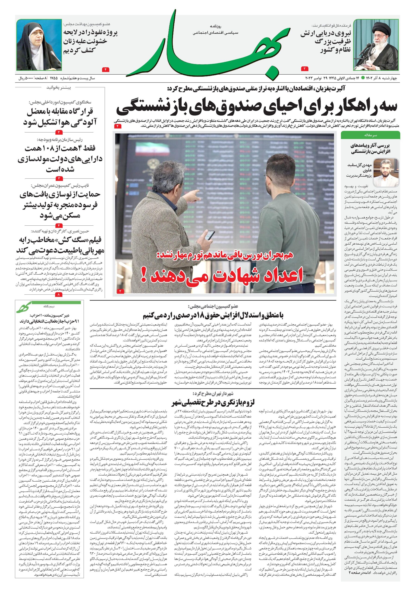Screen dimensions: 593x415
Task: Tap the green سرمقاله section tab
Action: pyautogui.click(x=370, y=135)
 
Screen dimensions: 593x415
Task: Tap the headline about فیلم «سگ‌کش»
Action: pyautogui.click(x=60, y=245)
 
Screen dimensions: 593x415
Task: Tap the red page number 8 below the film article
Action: pyautogui.click(x=59, y=294)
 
